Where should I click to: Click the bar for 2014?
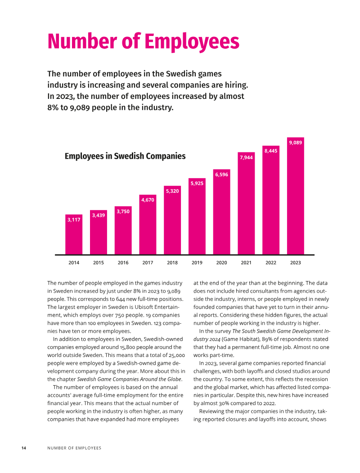(x=74, y=234)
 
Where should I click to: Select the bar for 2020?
(x=222, y=212)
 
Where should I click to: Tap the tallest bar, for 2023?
(x=295, y=196)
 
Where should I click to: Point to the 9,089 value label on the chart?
(x=295, y=143)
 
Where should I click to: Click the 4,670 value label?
(x=148, y=200)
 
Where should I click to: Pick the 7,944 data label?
(x=246, y=157)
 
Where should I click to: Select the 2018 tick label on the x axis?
(x=172, y=263)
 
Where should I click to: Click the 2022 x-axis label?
(x=271, y=263)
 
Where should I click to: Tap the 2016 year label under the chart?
(x=123, y=263)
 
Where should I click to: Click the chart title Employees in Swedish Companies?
(x=125, y=156)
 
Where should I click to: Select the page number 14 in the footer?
(x=24, y=448)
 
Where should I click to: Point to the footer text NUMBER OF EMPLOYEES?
(x=74, y=448)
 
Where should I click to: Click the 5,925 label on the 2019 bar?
(x=197, y=183)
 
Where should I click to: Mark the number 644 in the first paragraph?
(x=121, y=299)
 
